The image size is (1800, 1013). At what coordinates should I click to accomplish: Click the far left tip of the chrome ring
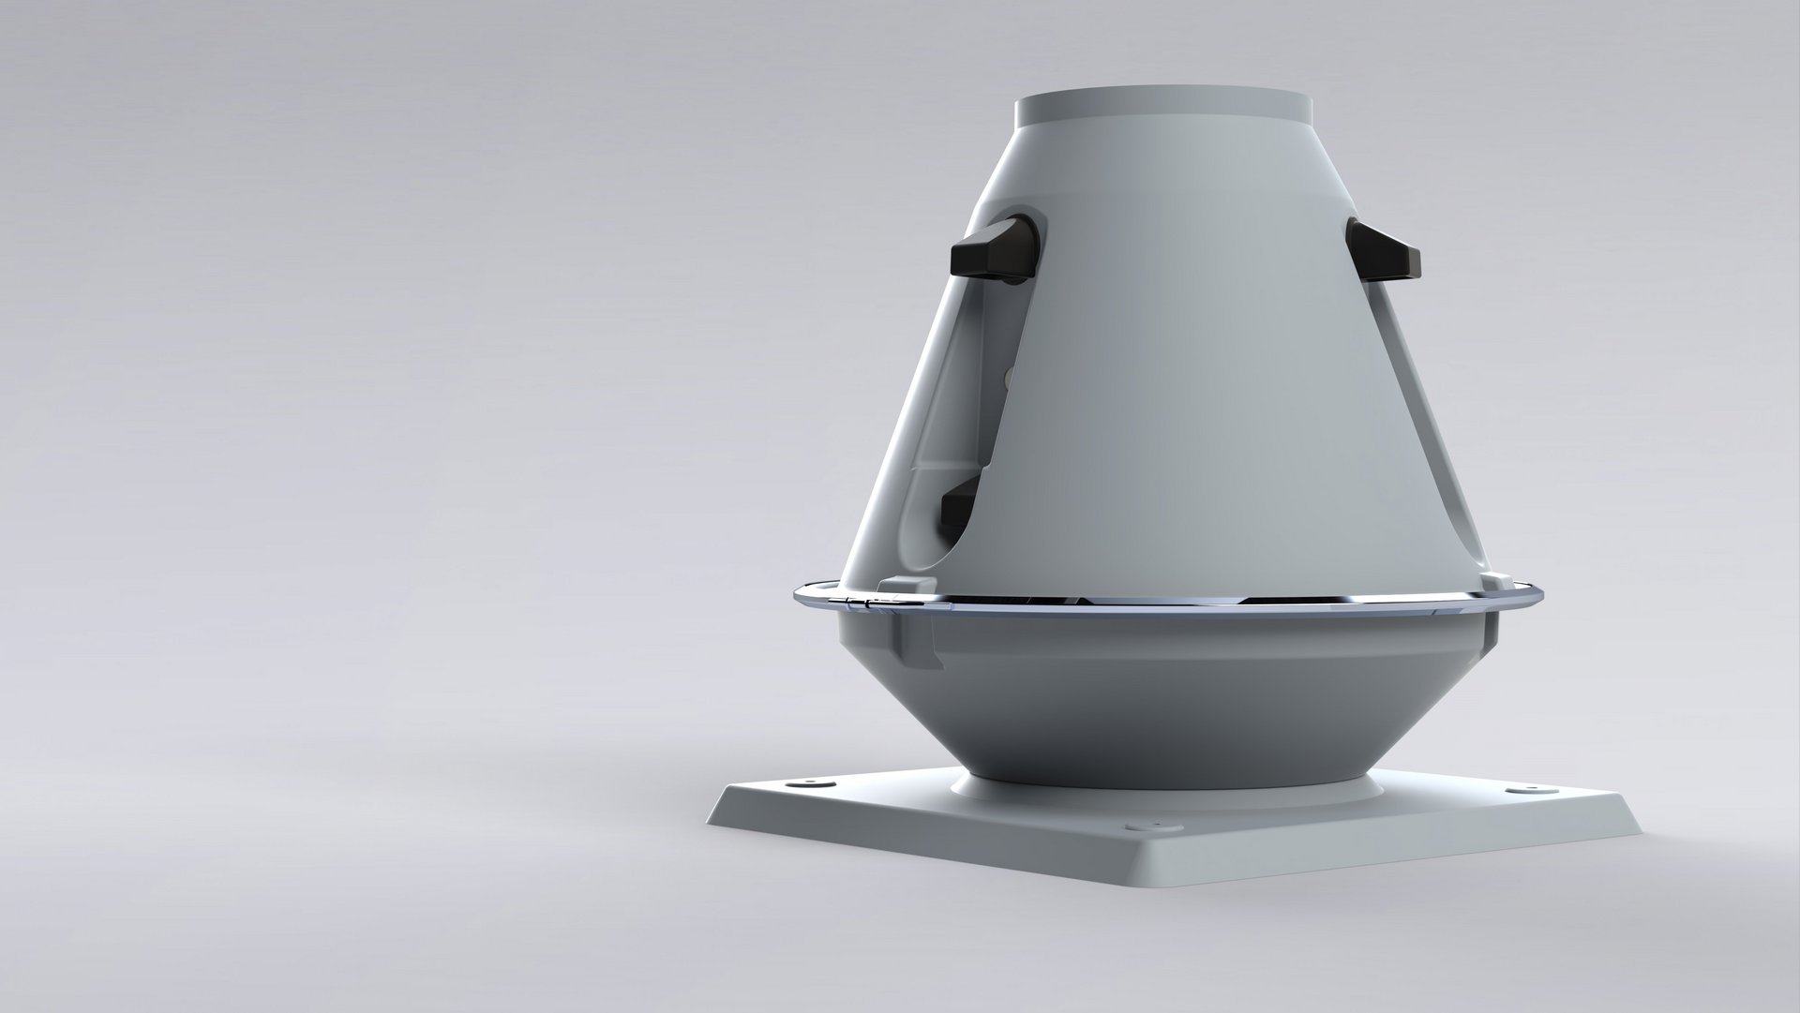(x=796, y=594)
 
